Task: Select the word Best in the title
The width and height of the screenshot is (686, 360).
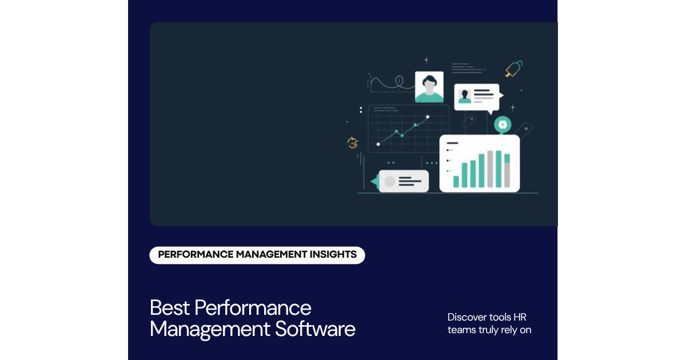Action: coord(170,307)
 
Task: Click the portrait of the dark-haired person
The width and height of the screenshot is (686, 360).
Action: coord(429,87)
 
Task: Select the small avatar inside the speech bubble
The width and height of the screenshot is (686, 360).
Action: coord(465,97)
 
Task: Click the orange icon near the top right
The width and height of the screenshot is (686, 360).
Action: coord(513,69)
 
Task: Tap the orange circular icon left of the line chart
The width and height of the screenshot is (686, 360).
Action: coord(353,143)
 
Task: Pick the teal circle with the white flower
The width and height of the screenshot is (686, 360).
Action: coord(502,124)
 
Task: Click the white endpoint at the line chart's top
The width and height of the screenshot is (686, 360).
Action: coord(428,117)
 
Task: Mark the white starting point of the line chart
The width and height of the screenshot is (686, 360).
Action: coord(378,144)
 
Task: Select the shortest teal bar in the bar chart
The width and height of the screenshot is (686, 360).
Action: coord(456,182)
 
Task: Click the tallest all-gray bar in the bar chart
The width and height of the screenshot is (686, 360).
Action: coord(490,170)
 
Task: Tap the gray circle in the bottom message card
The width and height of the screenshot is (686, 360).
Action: coord(390,182)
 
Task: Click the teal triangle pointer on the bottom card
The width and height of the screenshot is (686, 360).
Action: coord(374,182)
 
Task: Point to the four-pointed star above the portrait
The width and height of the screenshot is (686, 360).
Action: coord(426,59)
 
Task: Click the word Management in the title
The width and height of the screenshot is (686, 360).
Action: coord(209,329)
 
